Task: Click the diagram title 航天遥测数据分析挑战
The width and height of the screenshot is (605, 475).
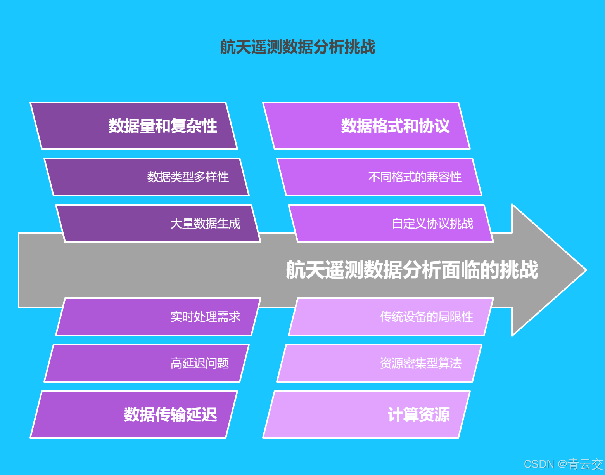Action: [297, 47]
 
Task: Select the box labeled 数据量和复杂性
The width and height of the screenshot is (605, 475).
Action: [134, 126]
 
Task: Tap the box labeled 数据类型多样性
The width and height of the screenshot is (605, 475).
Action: [147, 177]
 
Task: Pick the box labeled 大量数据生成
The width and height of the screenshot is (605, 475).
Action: [158, 224]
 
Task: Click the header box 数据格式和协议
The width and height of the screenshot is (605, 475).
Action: [366, 126]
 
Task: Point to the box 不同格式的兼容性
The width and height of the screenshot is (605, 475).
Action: [379, 177]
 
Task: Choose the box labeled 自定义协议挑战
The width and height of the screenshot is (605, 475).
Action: [391, 224]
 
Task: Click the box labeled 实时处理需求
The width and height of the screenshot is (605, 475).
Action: [158, 317]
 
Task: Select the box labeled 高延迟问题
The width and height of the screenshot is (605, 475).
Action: [147, 363]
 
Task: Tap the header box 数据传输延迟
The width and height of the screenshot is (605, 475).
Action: [134, 414]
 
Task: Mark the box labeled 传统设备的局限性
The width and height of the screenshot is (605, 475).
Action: [391, 317]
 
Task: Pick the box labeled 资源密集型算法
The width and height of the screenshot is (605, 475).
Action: [379, 363]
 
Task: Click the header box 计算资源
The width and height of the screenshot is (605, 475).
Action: [366, 414]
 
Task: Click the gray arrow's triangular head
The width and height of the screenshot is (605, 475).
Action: [547, 270]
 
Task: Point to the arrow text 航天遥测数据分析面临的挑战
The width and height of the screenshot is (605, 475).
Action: [412, 270]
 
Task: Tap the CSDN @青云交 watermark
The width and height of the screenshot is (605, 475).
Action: [564, 464]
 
